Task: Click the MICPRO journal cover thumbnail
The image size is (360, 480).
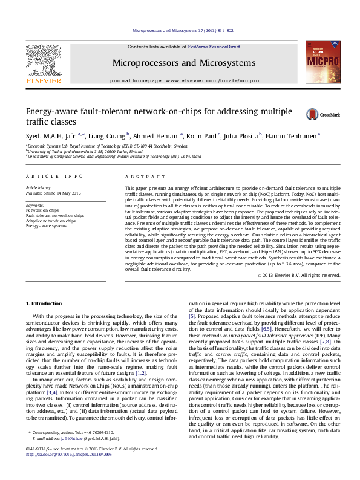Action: click(320, 62)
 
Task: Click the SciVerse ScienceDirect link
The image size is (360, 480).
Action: click(214, 47)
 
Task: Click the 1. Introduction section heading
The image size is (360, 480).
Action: click(46, 303)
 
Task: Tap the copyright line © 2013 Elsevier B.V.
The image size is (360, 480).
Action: click(299, 275)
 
